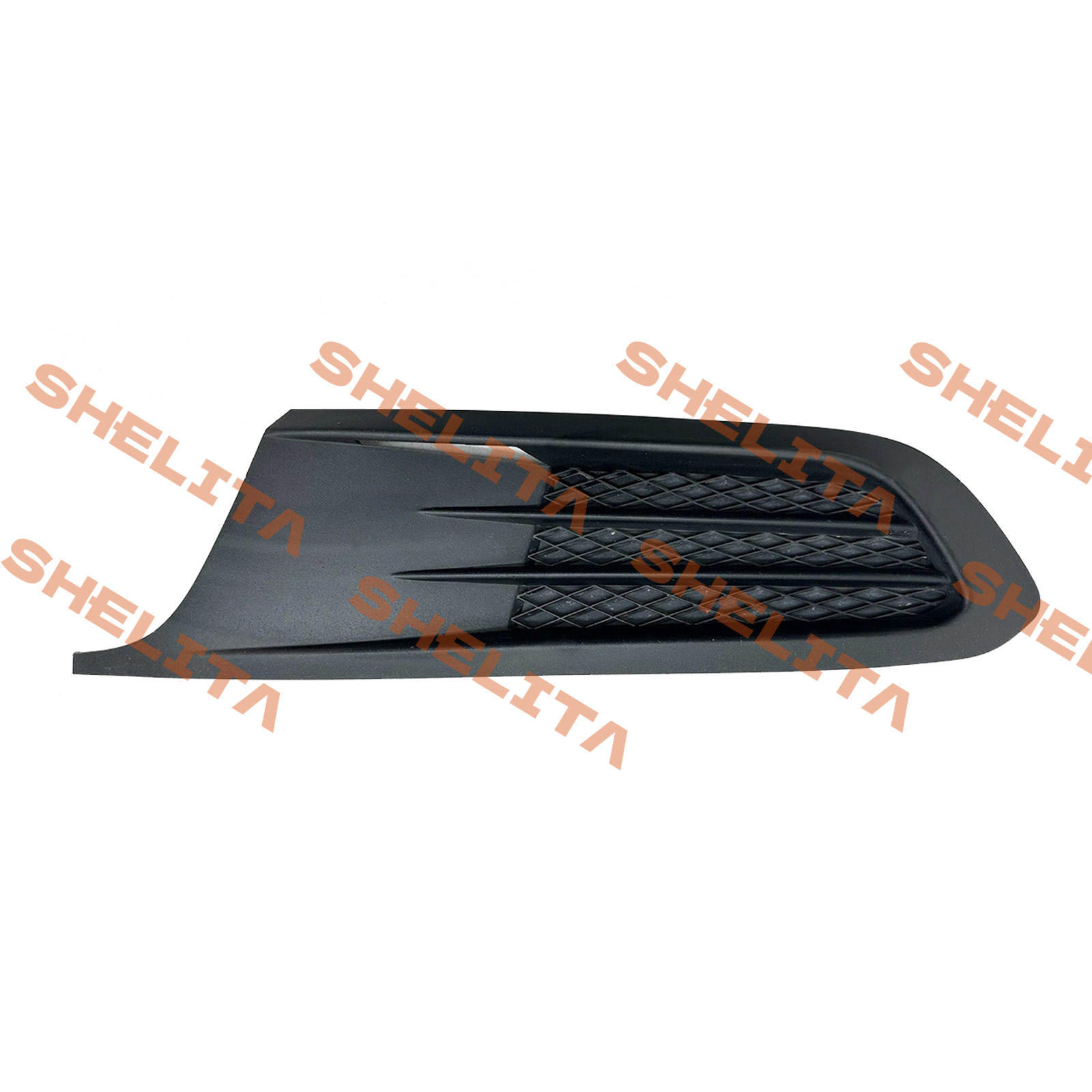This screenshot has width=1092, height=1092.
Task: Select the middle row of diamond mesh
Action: point(730,550)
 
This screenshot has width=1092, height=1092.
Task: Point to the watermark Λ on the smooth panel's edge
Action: point(273,529)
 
